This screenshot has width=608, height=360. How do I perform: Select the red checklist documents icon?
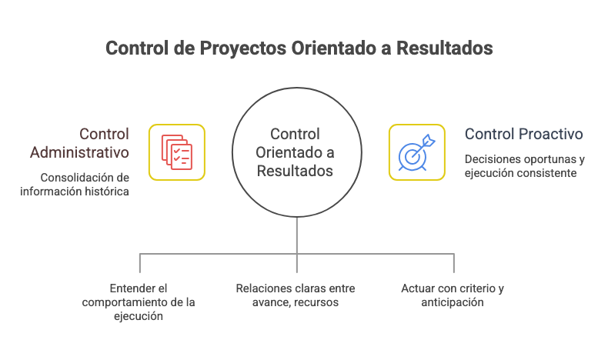tap(176, 152)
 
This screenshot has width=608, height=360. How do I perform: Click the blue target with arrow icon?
tap(416, 152)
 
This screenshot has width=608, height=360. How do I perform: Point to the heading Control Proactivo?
tap(523, 134)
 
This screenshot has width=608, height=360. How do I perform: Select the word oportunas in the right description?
tap(538, 160)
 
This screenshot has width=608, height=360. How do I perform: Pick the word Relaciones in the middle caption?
tap(261, 288)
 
